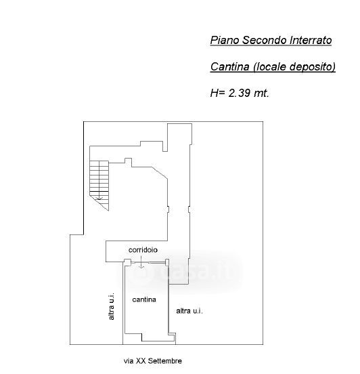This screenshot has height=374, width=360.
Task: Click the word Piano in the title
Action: click(x=225, y=40)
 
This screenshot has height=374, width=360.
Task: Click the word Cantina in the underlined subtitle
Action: click(x=230, y=66)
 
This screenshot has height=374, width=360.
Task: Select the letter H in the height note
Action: click(x=215, y=93)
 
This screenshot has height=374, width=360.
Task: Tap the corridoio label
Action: click(x=143, y=250)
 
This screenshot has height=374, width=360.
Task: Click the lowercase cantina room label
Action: click(x=144, y=299)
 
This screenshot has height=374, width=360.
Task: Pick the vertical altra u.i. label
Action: click(x=111, y=306)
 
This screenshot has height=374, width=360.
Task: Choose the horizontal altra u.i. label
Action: click(x=189, y=311)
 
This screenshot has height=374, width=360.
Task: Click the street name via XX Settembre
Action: click(x=153, y=361)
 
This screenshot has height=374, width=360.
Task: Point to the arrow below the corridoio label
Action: click(x=141, y=262)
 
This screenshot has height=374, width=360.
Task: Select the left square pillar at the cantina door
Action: click(x=127, y=262)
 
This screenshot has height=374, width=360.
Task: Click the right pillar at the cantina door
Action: click(x=167, y=262)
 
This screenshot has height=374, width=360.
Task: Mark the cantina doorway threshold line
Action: click(x=148, y=263)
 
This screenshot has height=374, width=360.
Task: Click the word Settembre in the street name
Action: click(x=165, y=361)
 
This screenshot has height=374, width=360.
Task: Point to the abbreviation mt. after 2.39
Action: click(x=262, y=93)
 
